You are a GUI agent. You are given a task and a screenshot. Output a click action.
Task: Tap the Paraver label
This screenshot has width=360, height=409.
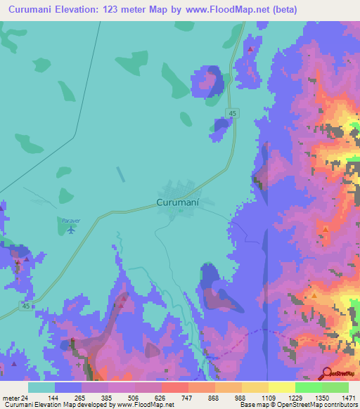(x=70, y=221)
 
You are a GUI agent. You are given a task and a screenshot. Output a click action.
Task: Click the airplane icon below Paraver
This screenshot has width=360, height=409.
(x=70, y=231)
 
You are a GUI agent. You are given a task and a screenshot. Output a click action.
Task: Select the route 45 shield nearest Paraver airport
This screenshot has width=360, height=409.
(x=26, y=306)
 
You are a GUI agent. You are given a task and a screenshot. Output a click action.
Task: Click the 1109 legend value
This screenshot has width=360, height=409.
(x=269, y=397)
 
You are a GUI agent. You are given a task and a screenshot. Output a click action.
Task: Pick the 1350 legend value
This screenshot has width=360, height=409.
(x=322, y=397)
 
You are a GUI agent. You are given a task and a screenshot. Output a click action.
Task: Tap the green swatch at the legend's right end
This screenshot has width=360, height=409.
(x=335, y=387)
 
